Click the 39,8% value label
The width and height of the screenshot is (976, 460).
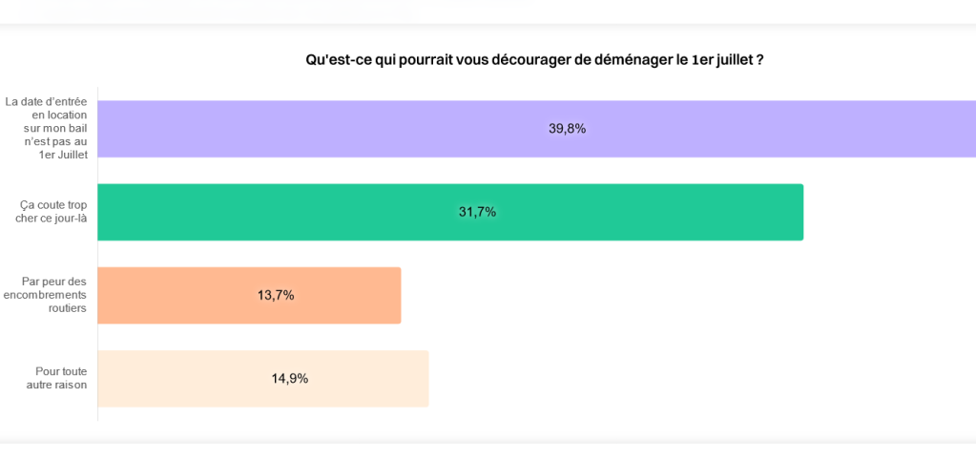(x=567, y=129)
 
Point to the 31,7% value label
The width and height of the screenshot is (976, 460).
(x=477, y=212)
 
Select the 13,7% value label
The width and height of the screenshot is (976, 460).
(x=276, y=296)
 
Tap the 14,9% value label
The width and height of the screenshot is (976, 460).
(x=289, y=379)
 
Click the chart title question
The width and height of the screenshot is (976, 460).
(x=534, y=59)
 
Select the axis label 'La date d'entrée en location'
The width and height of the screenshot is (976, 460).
(x=48, y=108)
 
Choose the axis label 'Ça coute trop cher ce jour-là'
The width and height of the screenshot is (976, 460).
(x=52, y=211)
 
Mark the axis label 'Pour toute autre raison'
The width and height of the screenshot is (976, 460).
(x=57, y=378)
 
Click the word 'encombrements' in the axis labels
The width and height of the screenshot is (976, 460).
(x=46, y=295)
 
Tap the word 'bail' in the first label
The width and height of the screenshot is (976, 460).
(x=77, y=128)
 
